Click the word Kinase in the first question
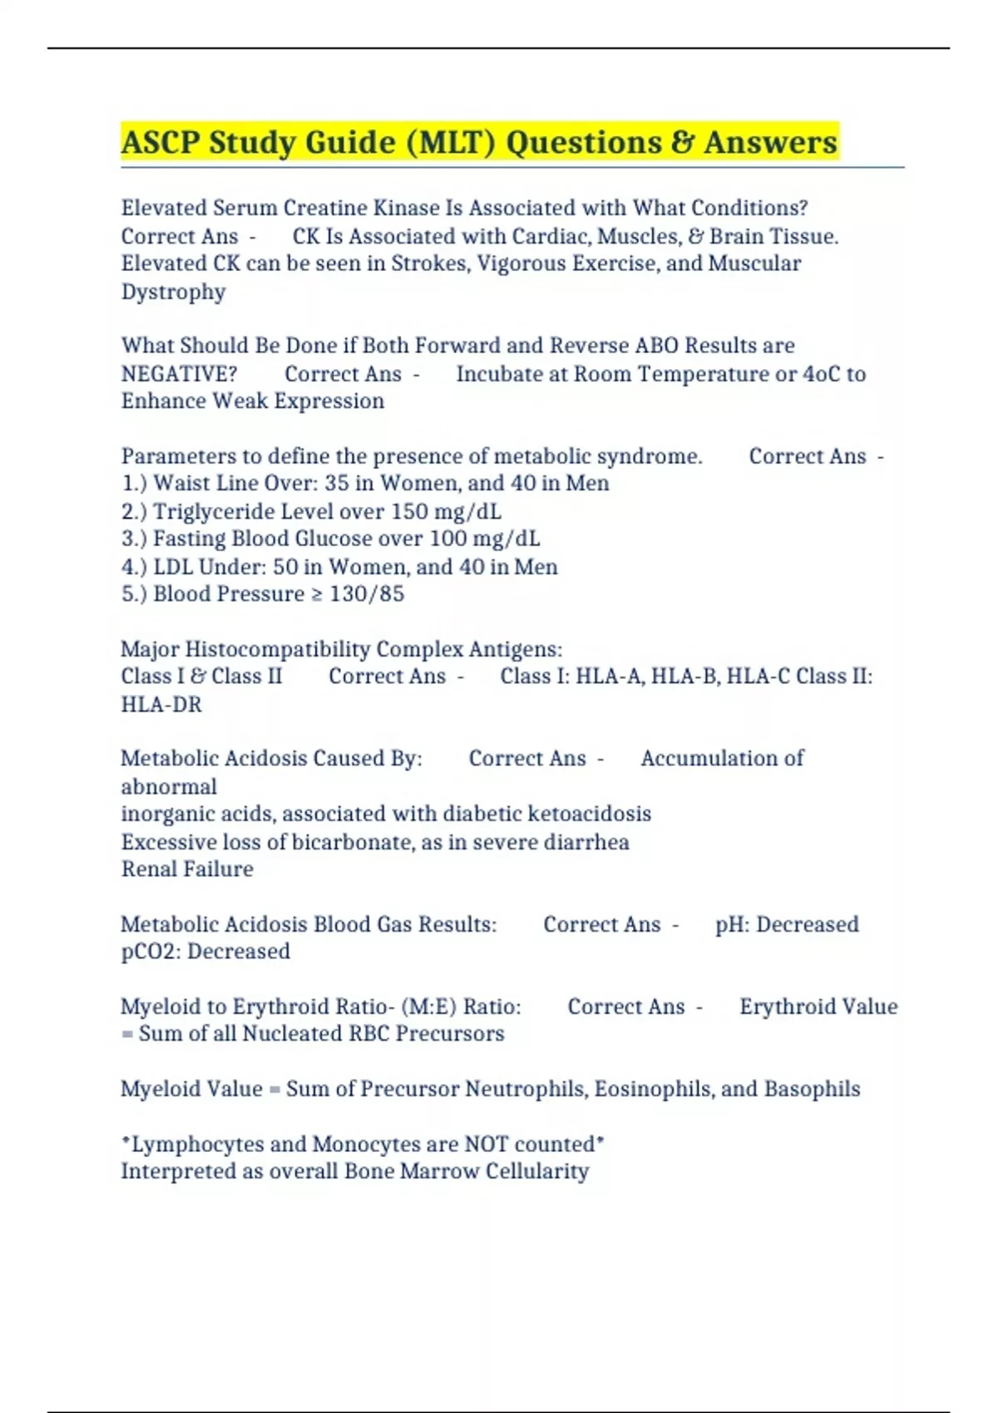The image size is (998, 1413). (376, 208)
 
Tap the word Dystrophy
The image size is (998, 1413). (173, 293)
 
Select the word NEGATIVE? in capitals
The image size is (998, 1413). (179, 374)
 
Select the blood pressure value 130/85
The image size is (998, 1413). (367, 594)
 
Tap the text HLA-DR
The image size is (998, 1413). (161, 705)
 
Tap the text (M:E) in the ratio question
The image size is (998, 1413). (428, 1007)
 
